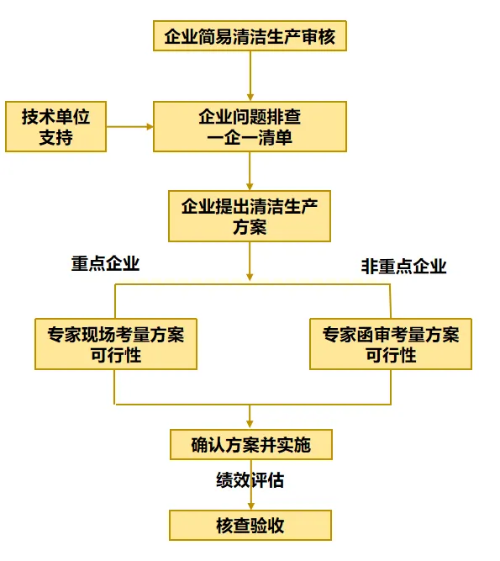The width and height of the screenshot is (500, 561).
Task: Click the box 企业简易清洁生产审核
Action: click(x=250, y=36)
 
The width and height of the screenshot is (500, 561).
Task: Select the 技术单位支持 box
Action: click(x=55, y=127)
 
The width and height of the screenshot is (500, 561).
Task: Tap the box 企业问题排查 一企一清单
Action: click(x=250, y=127)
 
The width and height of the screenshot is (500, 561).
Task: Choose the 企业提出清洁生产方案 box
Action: click(x=250, y=216)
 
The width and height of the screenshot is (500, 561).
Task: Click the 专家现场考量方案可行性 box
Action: click(x=116, y=344)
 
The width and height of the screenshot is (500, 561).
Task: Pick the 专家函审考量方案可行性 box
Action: click(x=391, y=344)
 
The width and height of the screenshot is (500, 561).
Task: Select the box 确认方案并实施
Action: click(x=251, y=444)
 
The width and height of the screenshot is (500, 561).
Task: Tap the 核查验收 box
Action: click(x=250, y=525)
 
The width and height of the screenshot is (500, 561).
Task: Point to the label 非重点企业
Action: click(x=404, y=267)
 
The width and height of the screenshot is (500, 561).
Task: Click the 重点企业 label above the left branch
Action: click(x=105, y=264)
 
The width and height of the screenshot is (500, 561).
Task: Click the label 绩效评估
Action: click(x=250, y=479)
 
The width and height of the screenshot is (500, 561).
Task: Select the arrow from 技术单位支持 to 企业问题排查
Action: click(x=129, y=127)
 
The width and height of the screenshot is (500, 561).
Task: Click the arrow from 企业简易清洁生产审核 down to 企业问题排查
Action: click(x=250, y=77)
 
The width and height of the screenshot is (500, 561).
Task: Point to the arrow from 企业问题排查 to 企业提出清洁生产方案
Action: click(x=250, y=171)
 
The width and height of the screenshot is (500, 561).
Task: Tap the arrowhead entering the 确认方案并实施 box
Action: click(x=250, y=425)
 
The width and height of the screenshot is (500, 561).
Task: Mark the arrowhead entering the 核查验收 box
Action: click(x=251, y=505)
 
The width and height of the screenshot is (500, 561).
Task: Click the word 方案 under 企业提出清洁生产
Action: click(x=250, y=227)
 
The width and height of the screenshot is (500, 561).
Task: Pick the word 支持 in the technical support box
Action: click(x=55, y=137)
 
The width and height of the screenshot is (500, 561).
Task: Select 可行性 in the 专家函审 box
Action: click(x=391, y=355)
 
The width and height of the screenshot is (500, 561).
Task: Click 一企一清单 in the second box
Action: click(x=250, y=137)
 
